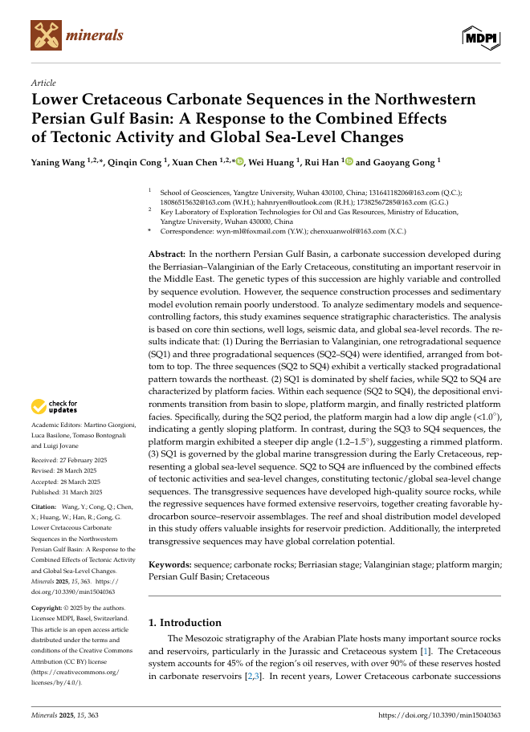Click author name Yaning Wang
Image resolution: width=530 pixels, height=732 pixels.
tap(59, 162)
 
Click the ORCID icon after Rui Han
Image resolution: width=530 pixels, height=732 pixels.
tap(348, 161)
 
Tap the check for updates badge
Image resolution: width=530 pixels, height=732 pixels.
tap(55, 407)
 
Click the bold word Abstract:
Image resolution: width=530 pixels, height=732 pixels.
tap(167, 254)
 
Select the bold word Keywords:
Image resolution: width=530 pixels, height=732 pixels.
tap(171, 565)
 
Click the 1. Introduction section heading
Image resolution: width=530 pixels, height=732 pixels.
tap(185, 623)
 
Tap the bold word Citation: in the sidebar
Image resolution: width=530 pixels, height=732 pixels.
tap(43, 508)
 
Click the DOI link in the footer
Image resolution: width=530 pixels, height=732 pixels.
tap(438, 714)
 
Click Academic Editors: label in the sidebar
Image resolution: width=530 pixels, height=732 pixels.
tap(55, 423)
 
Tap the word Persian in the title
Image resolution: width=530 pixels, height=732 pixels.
tap(63, 119)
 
